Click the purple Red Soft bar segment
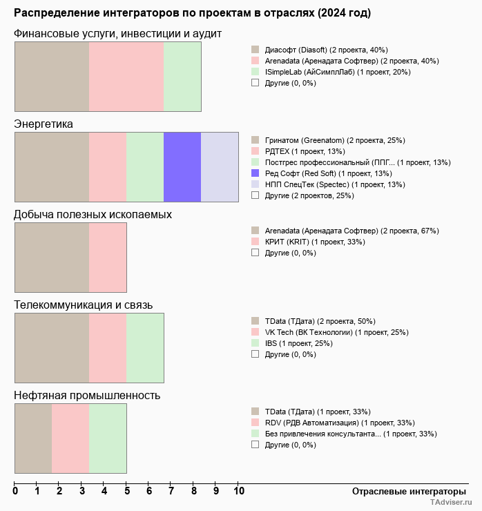182,166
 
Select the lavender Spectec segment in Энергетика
220,166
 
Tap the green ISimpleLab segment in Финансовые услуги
182,76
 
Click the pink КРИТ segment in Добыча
108,257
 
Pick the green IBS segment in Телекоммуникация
145,347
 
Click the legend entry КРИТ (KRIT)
315,242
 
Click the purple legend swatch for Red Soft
255,173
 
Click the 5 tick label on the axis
126,492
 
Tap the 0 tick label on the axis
15,492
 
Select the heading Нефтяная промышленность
87,395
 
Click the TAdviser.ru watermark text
451,503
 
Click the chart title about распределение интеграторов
192,13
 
